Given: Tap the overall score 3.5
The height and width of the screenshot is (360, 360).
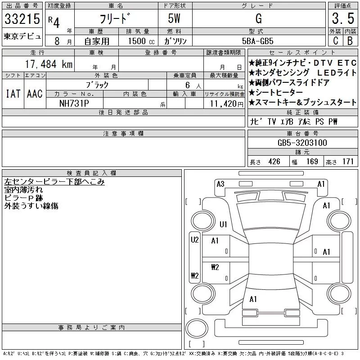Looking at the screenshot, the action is pyautogui.click(x=342, y=19).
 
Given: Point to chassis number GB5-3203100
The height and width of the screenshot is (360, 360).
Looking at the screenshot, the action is pyautogui.click(x=302, y=143).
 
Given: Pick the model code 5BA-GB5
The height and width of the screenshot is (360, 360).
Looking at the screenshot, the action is pyautogui.click(x=257, y=40).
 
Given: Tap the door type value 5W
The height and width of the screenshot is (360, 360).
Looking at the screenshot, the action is pyautogui.click(x=175, y=19).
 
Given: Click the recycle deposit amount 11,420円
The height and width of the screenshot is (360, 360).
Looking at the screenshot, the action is pyautogui.click(x=224, y=103).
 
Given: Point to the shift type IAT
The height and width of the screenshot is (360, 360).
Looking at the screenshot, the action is pyautogui.click(x=13, y=94).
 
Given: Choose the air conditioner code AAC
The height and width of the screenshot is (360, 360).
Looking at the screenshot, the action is pyautogui.click(x=35, y=94).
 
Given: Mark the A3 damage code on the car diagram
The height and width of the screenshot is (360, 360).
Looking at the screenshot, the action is pyautogui.click(x=220, y=184).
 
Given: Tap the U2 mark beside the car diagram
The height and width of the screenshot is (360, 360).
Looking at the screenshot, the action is pyautogui.click(x=194, y=240).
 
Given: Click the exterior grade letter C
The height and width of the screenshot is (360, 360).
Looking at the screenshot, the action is pyautogui.click(x=335, y=40).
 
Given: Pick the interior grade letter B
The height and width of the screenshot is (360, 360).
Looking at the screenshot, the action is pyautogui.click(x=350, y=40).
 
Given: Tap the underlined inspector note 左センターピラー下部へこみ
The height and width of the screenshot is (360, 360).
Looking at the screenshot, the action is pyautogui.click(x=54, y=182).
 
